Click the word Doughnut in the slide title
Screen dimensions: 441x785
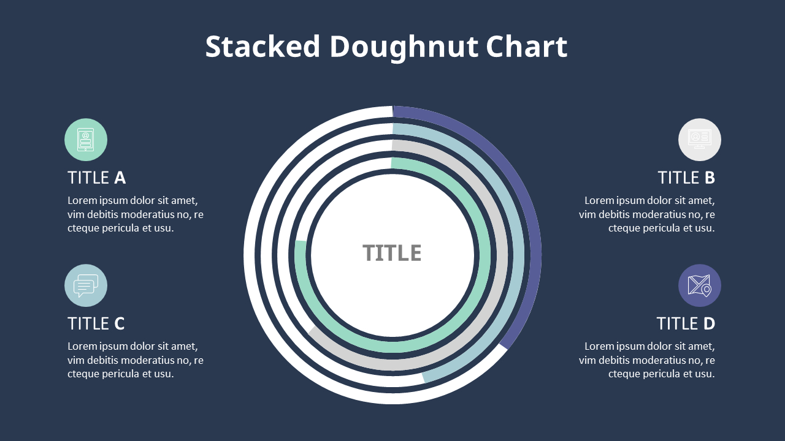coord(402,47)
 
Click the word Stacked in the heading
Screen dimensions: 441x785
coord(262,47)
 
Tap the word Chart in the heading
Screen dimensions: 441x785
coord(526,47)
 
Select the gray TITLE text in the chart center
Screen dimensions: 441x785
coord(392,253)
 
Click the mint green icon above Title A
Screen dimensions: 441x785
coord(86,140)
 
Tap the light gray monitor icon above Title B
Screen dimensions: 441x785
coord(699,140)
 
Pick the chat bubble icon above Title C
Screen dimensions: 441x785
coord(86,285)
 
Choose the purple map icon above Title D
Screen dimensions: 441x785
coord(699,285)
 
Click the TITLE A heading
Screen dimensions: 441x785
coord(96,178)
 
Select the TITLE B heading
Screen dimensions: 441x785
coord(686,178)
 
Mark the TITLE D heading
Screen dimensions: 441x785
coord(686,323)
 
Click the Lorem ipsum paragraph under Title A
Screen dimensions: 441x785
coord(135,214)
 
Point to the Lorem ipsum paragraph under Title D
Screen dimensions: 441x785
coord(647,360)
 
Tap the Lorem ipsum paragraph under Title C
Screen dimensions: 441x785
coord(135,360)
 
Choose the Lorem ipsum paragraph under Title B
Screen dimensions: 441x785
coord(647,214)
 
